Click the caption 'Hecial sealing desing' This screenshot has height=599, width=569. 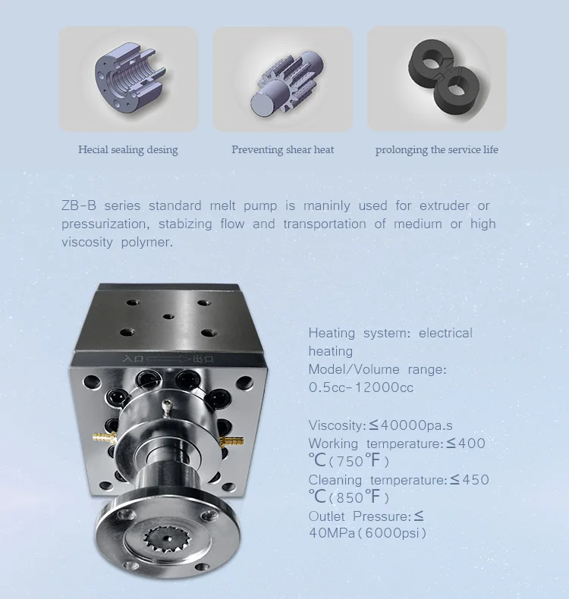click(128, 149)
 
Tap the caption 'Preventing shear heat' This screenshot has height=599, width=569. click(282, 149)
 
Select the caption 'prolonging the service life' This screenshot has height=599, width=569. click(436, 149)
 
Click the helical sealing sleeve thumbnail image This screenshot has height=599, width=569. click(128, 78)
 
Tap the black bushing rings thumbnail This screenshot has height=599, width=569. click(436, 78)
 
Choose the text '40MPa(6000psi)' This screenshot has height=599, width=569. click(368, 533)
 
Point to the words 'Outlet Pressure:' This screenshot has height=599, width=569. click(359, 516)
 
